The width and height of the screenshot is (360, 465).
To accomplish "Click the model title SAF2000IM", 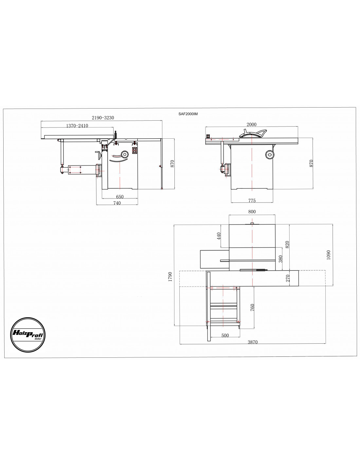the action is tap(188, 114).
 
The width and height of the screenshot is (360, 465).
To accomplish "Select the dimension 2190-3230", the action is tap(103, 118).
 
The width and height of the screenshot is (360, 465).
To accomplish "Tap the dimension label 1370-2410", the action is tap(77, 126).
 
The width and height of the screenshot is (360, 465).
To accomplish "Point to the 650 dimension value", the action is tap(120, 197).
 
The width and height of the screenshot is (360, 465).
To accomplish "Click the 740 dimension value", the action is tap(117, 203).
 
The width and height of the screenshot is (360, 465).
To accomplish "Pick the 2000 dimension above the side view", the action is tap(251, 124).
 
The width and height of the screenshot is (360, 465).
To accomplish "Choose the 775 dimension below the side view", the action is tap(252, 200).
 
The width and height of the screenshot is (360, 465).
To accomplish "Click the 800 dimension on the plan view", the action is tap(252, 212).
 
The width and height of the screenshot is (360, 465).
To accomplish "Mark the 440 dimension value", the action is tap(219, 236).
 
